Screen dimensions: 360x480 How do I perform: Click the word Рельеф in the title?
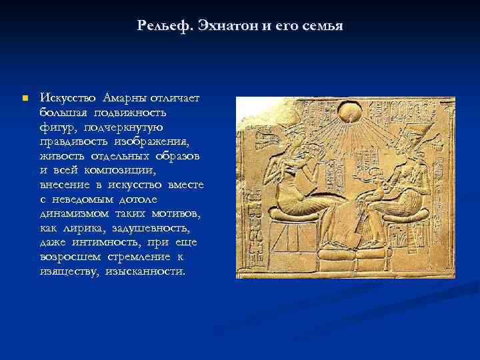(164, 26)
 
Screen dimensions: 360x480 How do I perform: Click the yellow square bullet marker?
(25, 98)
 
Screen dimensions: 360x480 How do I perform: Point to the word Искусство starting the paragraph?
(67, 98)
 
